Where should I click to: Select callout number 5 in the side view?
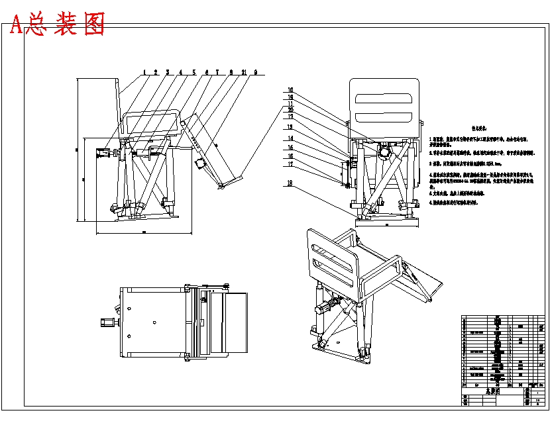click(x=194, y=72)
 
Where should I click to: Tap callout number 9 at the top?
click(x=256, y=72)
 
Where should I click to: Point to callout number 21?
click(x=245, y=72)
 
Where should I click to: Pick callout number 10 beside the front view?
click(x=290, y=90)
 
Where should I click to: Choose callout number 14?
click(x=290, y=138)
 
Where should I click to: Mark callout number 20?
click(x=290, y=110)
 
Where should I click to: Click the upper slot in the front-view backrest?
click(x=385, y=97)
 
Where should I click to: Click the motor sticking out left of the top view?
click(x=106, y=324)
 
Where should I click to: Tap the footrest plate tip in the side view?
click(x=220, y=188)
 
